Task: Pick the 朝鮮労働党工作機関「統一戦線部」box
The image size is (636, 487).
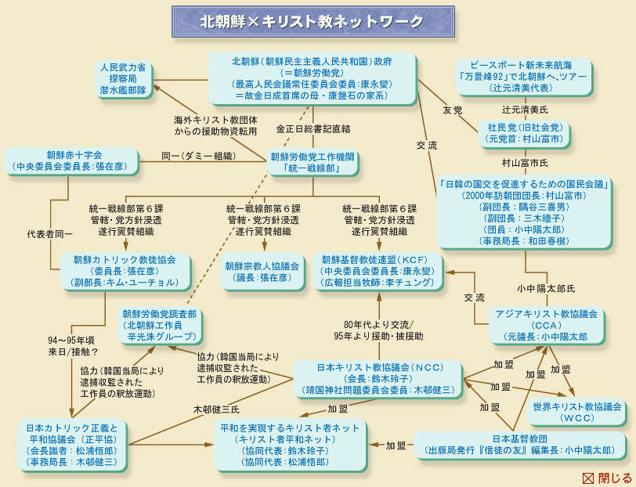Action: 312,162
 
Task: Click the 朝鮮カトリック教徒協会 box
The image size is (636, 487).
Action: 125,271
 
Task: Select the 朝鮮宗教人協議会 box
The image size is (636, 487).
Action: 262,272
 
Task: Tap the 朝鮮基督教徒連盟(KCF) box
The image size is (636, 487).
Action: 376,271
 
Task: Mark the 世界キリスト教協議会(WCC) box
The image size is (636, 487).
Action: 577,413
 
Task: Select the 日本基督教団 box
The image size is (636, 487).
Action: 519,444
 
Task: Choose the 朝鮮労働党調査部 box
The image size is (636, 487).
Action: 160,325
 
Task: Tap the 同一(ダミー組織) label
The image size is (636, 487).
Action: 198,156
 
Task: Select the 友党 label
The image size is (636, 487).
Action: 453,110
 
